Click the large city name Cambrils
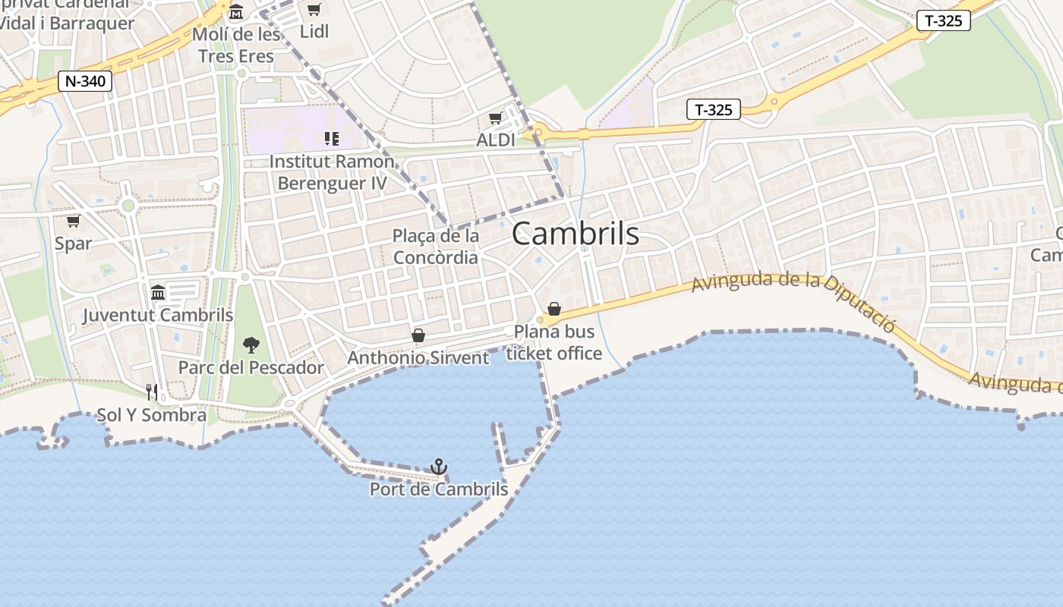(x=575, y=234)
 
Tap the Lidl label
(x=314, y=32)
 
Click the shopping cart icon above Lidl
(x=314, y=10)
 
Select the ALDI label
(x=495, y=140)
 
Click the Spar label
(x=73, y=244)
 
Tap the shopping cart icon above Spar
(x=73, y=221)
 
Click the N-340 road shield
(x=85, y=81)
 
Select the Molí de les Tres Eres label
(x=236, y=46)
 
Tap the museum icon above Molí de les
(x=236, y=13)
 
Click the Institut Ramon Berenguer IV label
(x=332, y=172)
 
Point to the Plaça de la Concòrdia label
(x=436, y=247)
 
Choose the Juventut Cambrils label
(x=158, y=315)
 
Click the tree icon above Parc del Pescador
(x=251, y=346)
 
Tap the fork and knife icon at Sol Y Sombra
(x=152, y=392)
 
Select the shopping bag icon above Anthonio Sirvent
(x=418, y=335)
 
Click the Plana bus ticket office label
(x=554, y=342)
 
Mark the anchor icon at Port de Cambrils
(x=438, y=467)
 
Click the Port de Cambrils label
(x=439, y=489)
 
